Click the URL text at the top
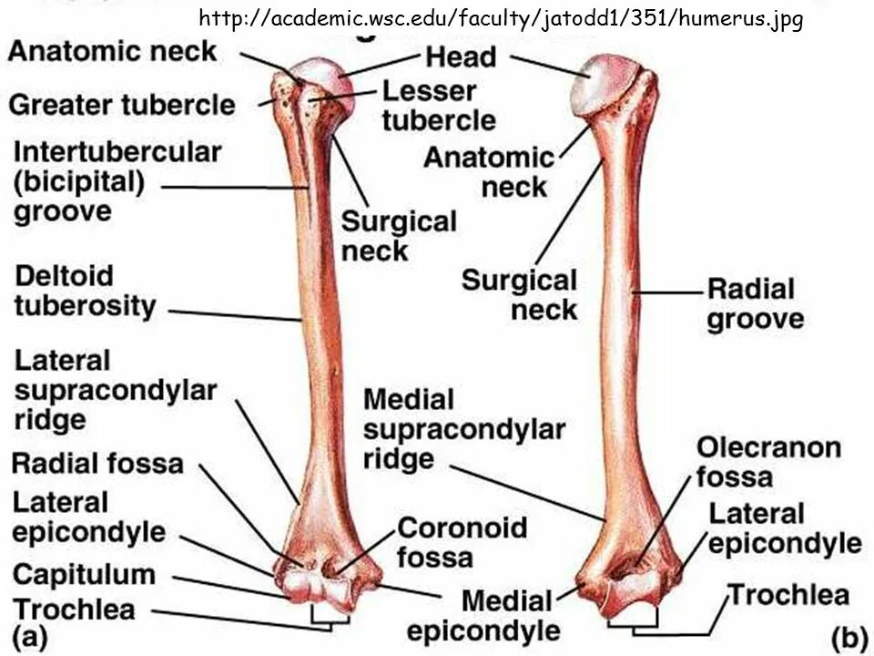pyautogui.click(x=500, y=18)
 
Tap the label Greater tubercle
pyautogui.click(x=121, y=105)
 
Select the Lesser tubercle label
pyautogui.click(x=438, y=105)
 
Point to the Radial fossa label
pyautogui.click(x=97, y=463)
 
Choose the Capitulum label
pyautogui.click(x=84, y=575)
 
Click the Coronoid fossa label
pyautogui.click(x=462, y=541)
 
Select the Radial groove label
pyautogui.click(x=755, y=304)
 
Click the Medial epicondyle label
pyautogui.click(x=483, y=615)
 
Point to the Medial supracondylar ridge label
pyautogui.click(x=463, y=428)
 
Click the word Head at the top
pyautogui.click(x=462, y=57)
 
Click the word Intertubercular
pyautogui.click(x=117, y=151)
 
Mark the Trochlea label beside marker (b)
pyautogui.click(x=788, y=596)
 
